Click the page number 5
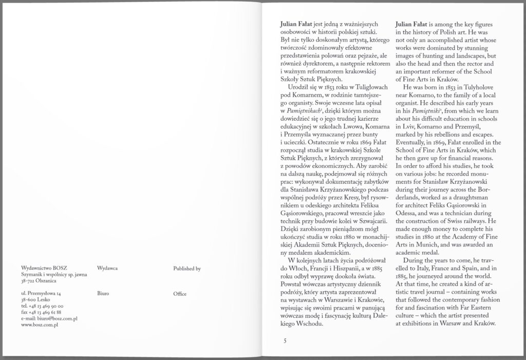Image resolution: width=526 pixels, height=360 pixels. (x=283, y=340)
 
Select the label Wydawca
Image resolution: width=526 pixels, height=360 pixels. (x=107, y=269)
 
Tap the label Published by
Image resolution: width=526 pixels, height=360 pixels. (x=187, y=269)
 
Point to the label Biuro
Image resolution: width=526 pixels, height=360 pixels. (x=103, y=294)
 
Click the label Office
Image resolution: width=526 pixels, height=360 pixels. (x=180, y=294)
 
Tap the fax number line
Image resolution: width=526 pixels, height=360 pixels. (x=42, y=312)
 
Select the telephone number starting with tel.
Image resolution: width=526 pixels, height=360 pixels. (x=43, y=306)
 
